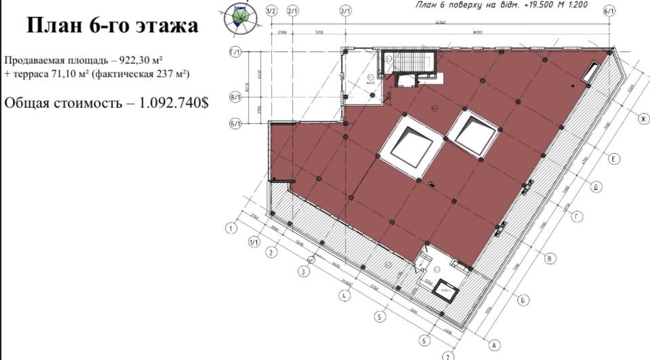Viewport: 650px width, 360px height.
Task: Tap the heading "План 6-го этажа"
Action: coord(112,26)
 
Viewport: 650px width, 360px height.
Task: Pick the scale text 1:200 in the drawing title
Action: coord(577,5)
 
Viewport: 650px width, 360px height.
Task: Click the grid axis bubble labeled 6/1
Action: coord(609,12)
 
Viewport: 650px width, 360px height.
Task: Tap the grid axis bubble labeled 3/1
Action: coord(345,12)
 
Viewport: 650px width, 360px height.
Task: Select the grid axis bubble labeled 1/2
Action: coord(272,12)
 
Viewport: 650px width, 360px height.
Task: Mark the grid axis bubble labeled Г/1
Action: coord(236,54)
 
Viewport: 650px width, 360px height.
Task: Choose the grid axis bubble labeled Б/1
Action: coord(236,123)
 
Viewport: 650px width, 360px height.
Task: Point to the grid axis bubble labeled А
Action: coord(495,345)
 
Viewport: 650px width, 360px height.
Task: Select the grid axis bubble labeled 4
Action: coord(345,296)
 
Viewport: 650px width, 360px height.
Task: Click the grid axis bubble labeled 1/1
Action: coord(255,242)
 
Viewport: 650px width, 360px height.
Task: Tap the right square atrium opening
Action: coord(475,132)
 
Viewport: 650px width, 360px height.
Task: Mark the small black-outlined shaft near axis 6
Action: coord(445,287)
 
